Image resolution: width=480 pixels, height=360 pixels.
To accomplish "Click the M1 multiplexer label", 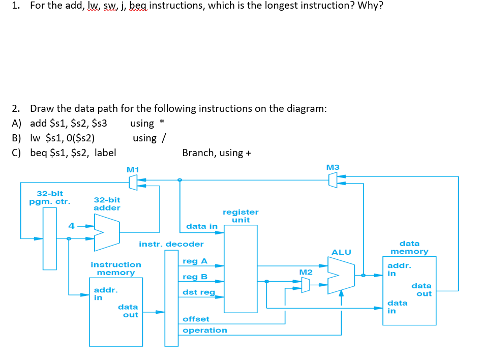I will click(x=133, y=169).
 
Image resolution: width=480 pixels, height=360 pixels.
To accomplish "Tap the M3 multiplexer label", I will click(x=333, y=167).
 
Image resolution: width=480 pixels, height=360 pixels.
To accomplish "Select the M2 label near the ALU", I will click(x=305, y=273).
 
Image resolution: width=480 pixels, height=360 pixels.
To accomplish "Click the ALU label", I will click(x=341, y=252).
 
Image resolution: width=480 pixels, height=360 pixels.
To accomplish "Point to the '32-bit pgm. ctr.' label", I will click(x=50, y=197).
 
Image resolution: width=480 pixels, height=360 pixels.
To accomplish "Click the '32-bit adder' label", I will click(x=107, y=204).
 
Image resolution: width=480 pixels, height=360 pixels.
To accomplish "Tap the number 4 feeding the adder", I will click(x=72, y=226).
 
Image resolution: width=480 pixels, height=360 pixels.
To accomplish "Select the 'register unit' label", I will click(x=241, y=216).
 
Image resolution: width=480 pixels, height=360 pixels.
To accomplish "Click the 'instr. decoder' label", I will click(x=171, y=244).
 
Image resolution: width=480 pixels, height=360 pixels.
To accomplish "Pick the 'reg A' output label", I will click(x=195, y=261).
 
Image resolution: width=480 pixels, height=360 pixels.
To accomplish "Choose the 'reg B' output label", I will click(x=195, y=277).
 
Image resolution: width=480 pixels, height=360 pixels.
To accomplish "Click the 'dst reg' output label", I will click(x=199, y=292).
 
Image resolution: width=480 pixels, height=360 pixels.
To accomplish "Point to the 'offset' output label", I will click(x=196, y=319).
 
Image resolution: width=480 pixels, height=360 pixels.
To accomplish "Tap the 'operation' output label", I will click(x=205, y=331).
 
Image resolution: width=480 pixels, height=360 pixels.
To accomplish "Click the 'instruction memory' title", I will click(x=116, y=268).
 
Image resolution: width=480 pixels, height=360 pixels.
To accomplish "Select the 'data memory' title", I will click(x=409, y=248).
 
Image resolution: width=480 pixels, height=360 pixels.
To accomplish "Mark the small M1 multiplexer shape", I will click(x=133, y=182).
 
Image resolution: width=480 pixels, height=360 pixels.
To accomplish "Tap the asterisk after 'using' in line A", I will click(x=162, y=123).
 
